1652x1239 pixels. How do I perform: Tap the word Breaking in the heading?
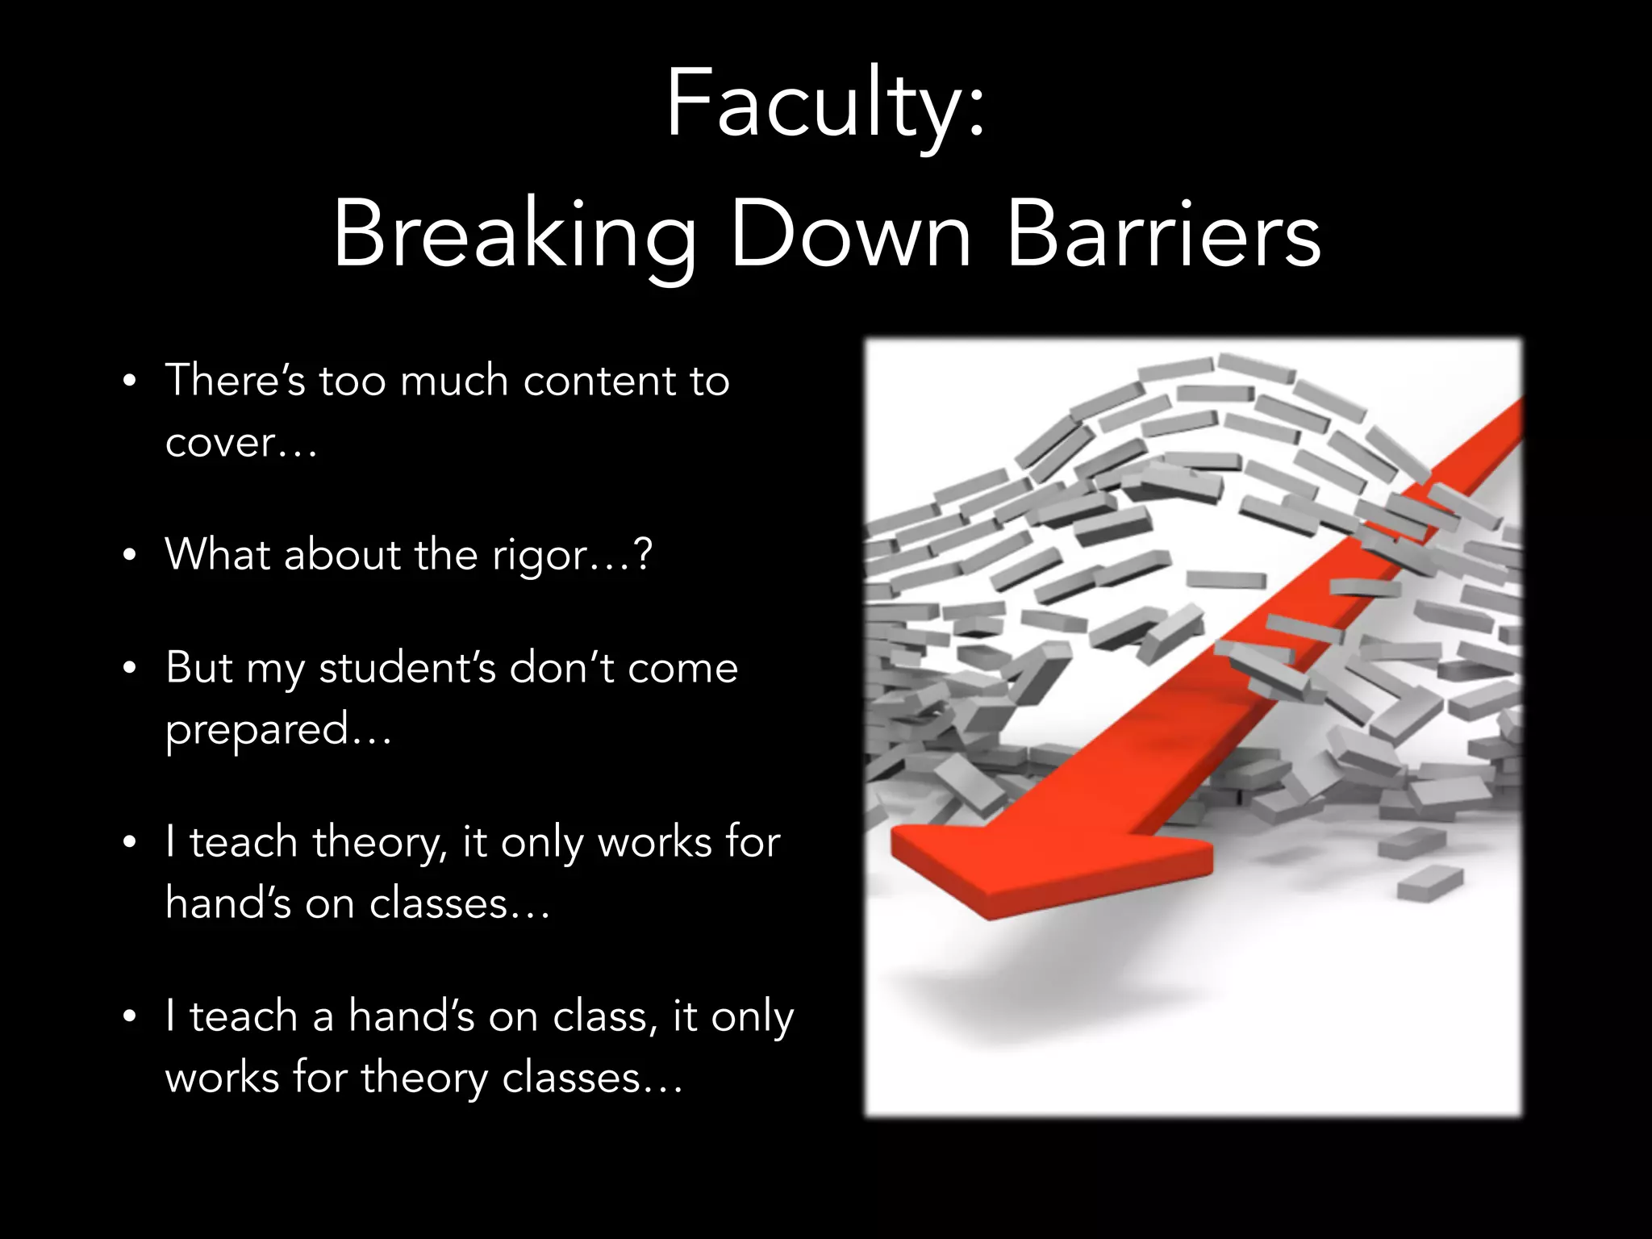click(x=515, y=235)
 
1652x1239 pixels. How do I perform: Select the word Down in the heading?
click(x=851, y=235)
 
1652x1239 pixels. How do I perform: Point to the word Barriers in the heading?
click(x=1164, y=235)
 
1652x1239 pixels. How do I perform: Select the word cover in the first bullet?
click(x=220, y=443)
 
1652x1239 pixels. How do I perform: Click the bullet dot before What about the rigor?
click(x=130, y=556)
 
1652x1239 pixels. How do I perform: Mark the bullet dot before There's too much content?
click(x=130, y=382)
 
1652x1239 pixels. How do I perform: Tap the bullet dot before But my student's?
click(x=130, y=669)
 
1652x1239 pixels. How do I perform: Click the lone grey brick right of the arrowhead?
click(x=1429, y=883)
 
